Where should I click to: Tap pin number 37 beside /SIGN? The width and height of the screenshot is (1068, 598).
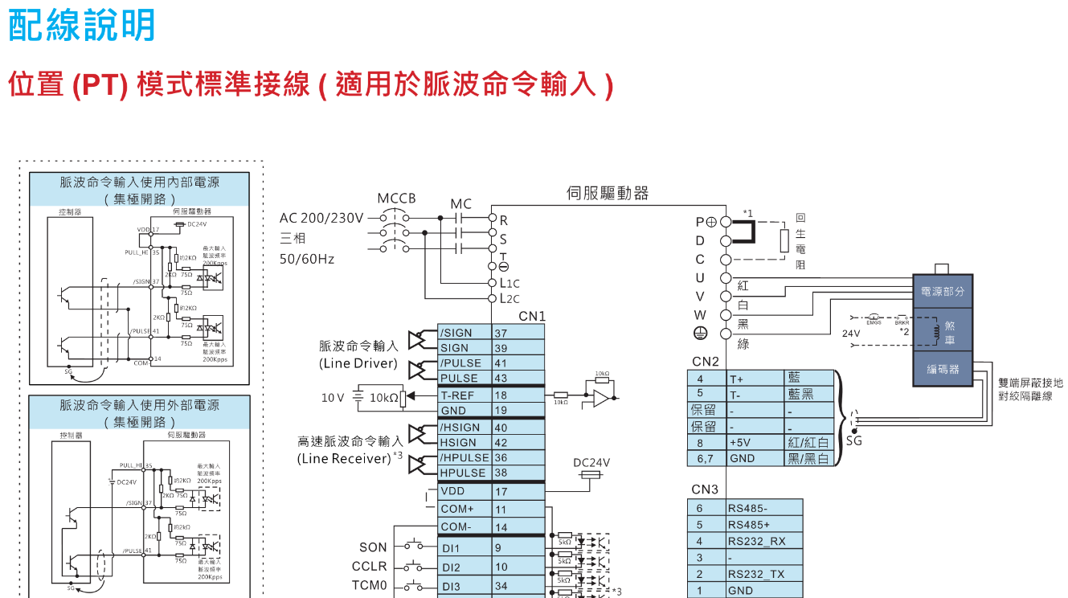point(501,333)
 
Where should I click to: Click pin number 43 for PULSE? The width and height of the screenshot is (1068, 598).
point(501,378)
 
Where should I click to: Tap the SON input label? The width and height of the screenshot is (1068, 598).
point(373,547)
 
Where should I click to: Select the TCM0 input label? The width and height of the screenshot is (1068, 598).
point(370,585)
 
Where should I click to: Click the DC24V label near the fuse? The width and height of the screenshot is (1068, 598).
point(591,462)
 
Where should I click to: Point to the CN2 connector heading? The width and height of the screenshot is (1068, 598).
point(705,362)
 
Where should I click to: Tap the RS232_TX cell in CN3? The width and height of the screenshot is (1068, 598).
point(755,574)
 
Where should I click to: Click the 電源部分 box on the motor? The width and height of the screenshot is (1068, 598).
point(943,292)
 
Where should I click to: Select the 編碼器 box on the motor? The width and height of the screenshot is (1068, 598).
point(943,369)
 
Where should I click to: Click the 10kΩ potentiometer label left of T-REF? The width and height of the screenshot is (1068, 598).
point(384,397)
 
